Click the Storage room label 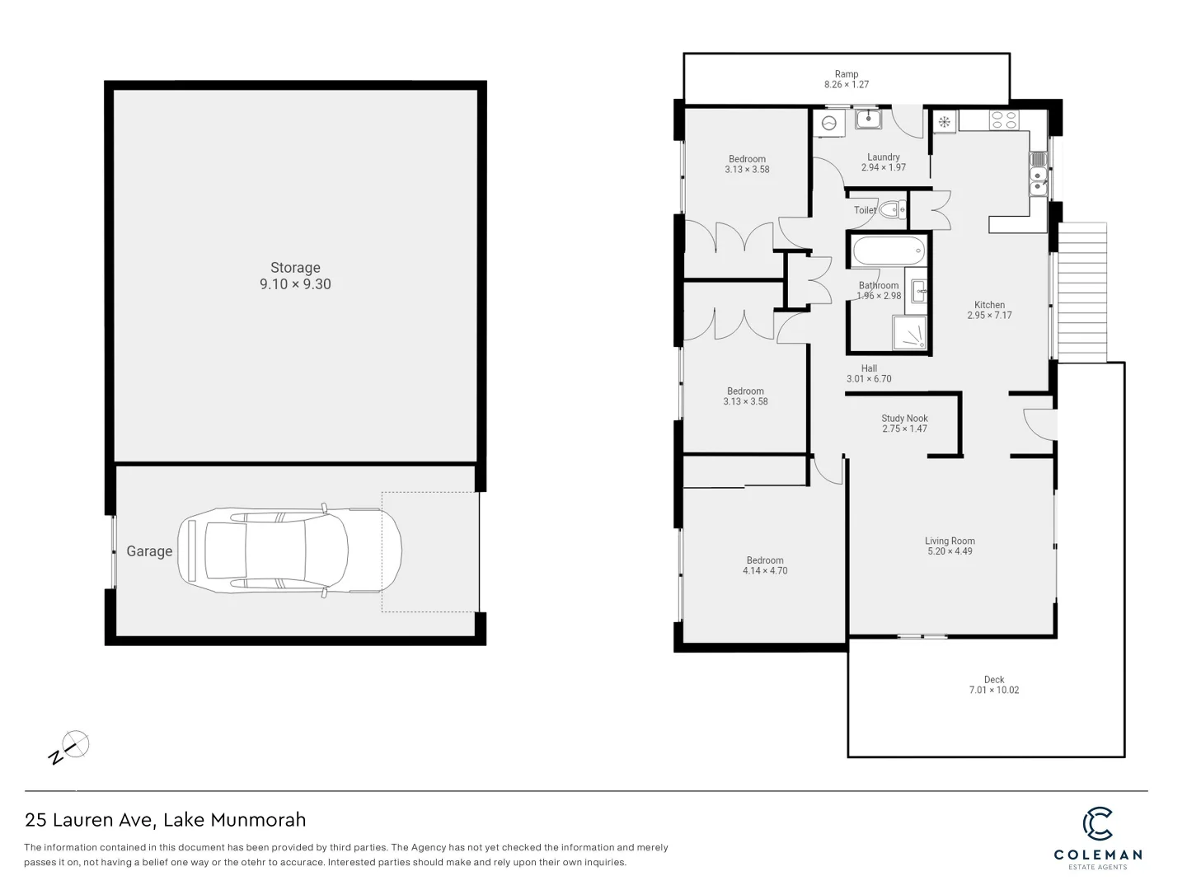[x=295, y=268]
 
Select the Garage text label [x=149, y=551]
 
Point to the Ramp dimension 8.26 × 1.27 [x=847, y=84]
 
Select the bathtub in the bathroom [x=888, y=251]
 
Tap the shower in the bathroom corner [x=910, y=335]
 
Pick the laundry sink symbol [x=868, y=120]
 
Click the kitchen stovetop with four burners [x=1003, y=120]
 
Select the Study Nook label [x=904, y=419]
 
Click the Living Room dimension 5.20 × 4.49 [x=950, y=551]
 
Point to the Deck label [x=993, y=680]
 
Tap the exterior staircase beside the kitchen [x=1081, y=292]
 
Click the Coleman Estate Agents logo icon [x=1097, y=825]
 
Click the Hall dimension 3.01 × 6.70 [x=869, y=379]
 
